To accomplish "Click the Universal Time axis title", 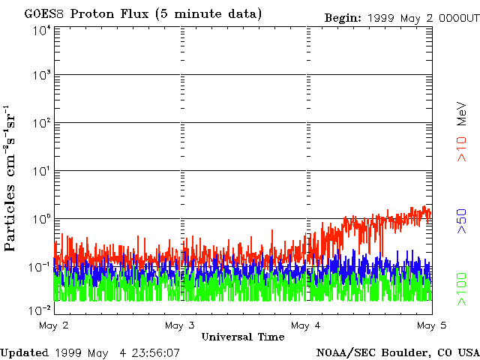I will click(242, 337).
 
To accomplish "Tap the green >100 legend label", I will click(463, 290).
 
